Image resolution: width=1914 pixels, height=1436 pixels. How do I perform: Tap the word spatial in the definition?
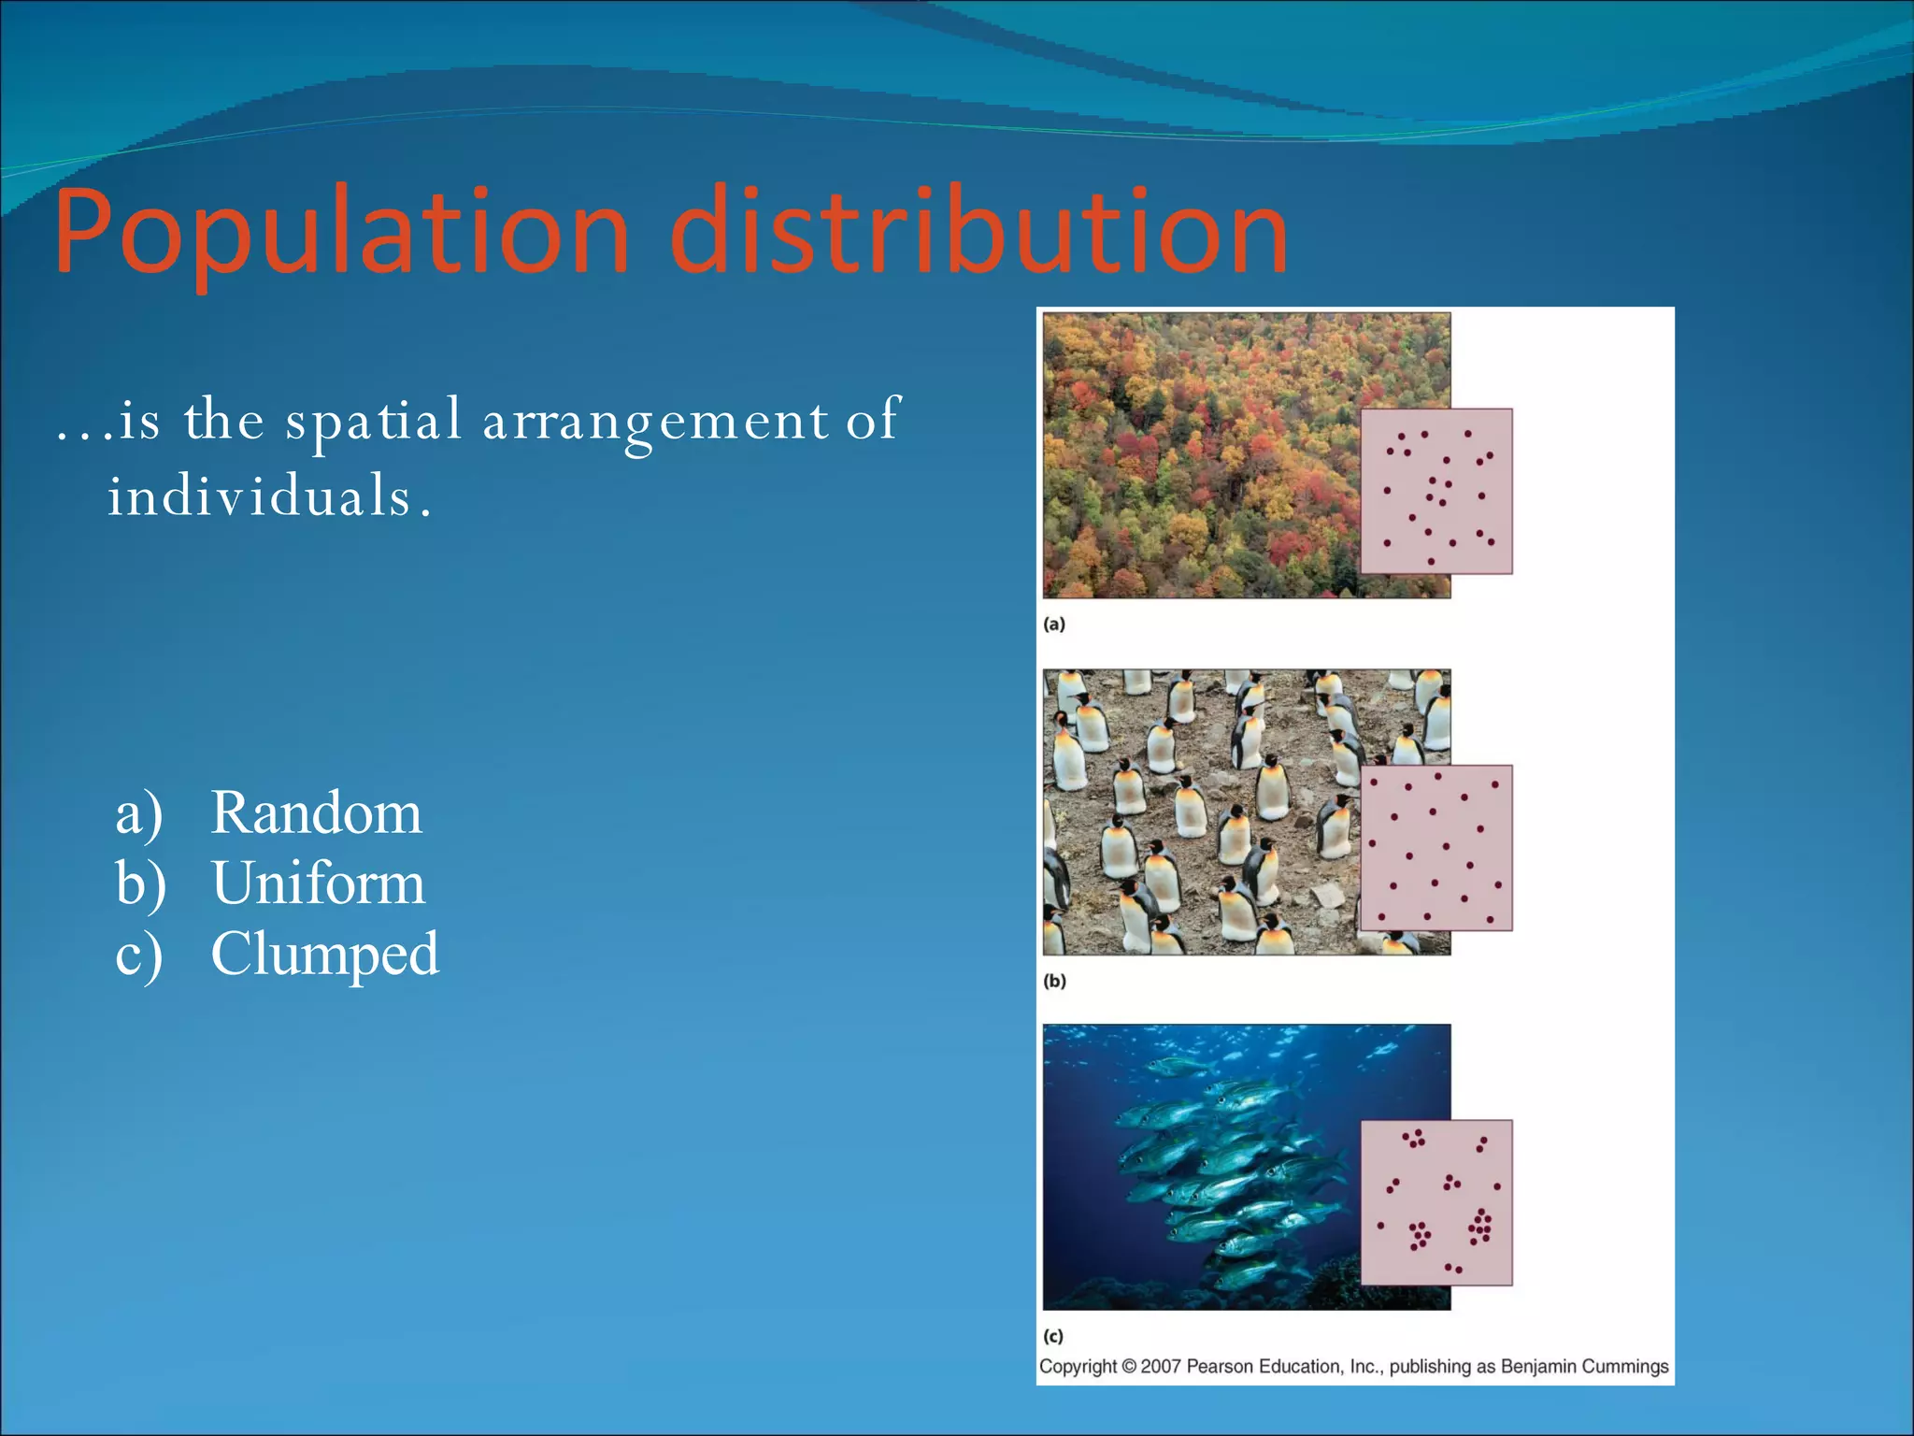373,420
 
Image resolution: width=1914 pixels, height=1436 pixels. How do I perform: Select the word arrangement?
655,422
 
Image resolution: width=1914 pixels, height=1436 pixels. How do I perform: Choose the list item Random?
316,812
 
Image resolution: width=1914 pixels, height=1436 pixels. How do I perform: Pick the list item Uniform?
318,883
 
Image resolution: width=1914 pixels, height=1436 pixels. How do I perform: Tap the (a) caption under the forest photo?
1054,625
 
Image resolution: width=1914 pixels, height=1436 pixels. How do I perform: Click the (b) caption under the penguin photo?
1054,981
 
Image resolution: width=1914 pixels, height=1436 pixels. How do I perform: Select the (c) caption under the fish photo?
1053,1337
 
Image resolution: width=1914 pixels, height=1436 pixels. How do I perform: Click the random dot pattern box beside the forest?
1435,491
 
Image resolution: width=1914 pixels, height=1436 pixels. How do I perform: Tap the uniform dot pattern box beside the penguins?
1435,847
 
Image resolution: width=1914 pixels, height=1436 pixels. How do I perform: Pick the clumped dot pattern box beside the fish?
1435,1202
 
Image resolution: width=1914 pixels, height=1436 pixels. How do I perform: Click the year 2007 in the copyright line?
1161,1367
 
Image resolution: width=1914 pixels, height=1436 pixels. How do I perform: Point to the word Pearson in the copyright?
1220,1367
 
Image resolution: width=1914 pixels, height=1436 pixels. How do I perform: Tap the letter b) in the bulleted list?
140,883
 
